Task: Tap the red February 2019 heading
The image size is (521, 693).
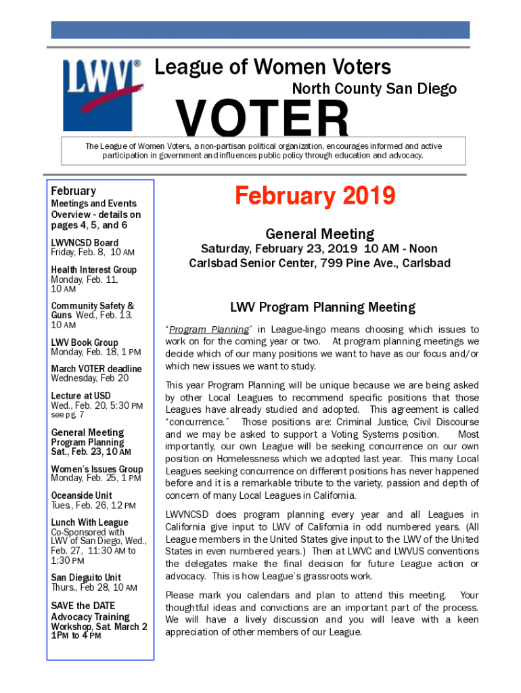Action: [315, 196]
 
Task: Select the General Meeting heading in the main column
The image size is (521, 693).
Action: [319, 234]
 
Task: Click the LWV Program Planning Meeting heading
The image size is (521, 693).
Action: [322, 307]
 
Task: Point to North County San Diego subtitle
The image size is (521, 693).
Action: [374, 89]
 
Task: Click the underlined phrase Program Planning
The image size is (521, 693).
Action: [209, 330]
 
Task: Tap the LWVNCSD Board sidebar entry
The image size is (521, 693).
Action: [85, 242]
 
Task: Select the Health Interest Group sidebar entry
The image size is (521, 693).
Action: [93, 269]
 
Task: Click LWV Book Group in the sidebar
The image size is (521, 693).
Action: [85, 342]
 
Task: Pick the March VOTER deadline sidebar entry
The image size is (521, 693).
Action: [96, 369]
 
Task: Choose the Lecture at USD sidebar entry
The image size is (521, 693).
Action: [81, 395]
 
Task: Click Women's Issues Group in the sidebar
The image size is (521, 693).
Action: [97, 469]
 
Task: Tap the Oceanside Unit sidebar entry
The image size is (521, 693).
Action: [81, 495]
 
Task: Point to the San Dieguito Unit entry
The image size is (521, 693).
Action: [86, 577]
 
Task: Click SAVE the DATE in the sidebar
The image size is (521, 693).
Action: [83, 606]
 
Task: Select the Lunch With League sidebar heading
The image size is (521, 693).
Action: [89, 522]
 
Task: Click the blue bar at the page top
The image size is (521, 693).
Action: [260, 30]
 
